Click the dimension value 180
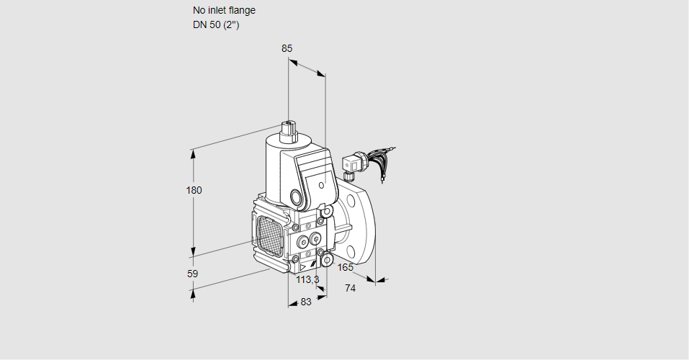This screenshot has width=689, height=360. (x=194, y=190)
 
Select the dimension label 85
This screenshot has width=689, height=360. (x=287, y=48)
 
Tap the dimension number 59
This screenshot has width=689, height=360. (x=192, y=274)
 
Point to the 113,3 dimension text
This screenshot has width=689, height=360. (x=307, y=279)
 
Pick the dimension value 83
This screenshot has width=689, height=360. (x=306, y=302)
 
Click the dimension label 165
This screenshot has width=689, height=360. (x=346, y=268)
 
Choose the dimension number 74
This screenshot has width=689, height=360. (x=351, y=288)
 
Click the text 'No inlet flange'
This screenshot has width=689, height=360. (x=224, y=11)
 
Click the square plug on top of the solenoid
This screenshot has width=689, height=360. (x=289, y=130)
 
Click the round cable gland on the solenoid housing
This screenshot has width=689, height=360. (x=297, y=197)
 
